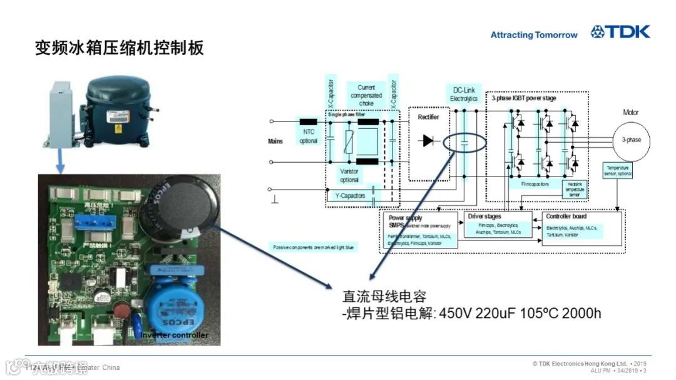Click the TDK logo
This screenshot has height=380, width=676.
[x=620, y=32]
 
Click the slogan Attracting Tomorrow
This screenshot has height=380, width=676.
[x=533, y=35]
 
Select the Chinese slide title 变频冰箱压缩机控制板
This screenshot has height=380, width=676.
[x=120, y=48]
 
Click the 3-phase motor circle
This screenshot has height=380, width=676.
[x=631, y=140]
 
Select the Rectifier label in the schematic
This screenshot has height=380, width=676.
[x=428, y=116]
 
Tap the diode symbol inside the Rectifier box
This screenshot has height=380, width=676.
[x=428, y=141]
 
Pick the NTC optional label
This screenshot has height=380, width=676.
[x=309, y=135]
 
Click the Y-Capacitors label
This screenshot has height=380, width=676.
[x=348, y=196]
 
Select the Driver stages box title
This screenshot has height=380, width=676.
[x=484, y=217]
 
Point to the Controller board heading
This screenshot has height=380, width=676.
[x=566, y=217]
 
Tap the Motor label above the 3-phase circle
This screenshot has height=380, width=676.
[x=631, y=113]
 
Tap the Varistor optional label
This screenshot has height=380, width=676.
[x=349, y=175]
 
